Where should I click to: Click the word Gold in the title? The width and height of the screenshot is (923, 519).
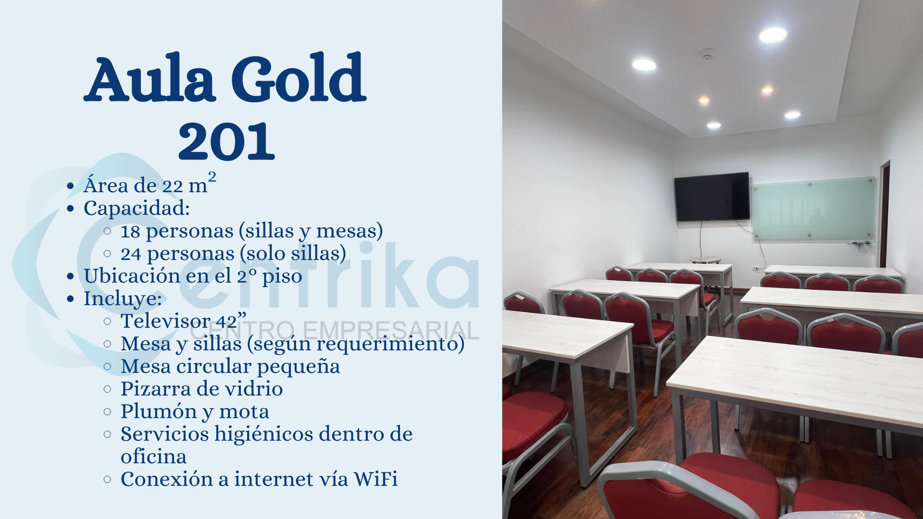click(x=299, y=78)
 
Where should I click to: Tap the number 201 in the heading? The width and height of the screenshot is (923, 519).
click(x=226, y=141)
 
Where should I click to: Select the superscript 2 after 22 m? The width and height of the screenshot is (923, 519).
click(x=212, y=176)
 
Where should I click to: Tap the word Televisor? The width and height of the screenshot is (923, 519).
click(x=165, y=321)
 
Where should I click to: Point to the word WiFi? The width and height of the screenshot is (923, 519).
click(x=375, y=479)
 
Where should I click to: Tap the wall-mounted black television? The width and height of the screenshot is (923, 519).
click(x=712, y=197)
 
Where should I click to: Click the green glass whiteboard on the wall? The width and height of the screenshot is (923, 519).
click(x=813, y=209)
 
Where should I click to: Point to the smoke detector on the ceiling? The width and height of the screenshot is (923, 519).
click(x=706, y=53)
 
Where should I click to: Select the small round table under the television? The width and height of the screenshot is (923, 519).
click(x=705, y=260)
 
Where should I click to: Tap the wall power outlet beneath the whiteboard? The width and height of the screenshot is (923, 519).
click(x=756, y=267)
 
